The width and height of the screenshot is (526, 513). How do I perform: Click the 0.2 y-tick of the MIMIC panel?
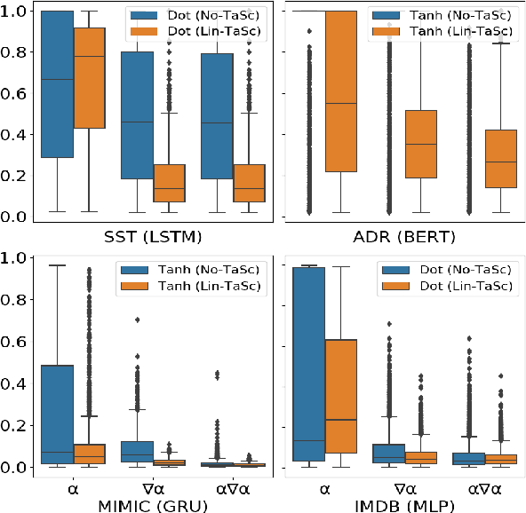point(20,425)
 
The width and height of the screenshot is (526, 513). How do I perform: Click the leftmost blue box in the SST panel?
point(58,84)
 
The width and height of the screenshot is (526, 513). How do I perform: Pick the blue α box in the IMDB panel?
point(307,364)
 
